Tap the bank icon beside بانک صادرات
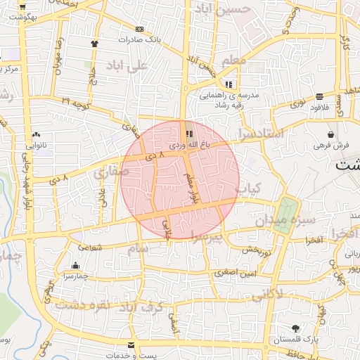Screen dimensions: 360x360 (139, 29)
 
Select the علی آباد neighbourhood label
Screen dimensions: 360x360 (127, 66)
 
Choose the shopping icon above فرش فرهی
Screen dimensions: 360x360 (330, 134)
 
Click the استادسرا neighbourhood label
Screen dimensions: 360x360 (260, 132)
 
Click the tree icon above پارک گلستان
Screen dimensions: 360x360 (295, 328)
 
